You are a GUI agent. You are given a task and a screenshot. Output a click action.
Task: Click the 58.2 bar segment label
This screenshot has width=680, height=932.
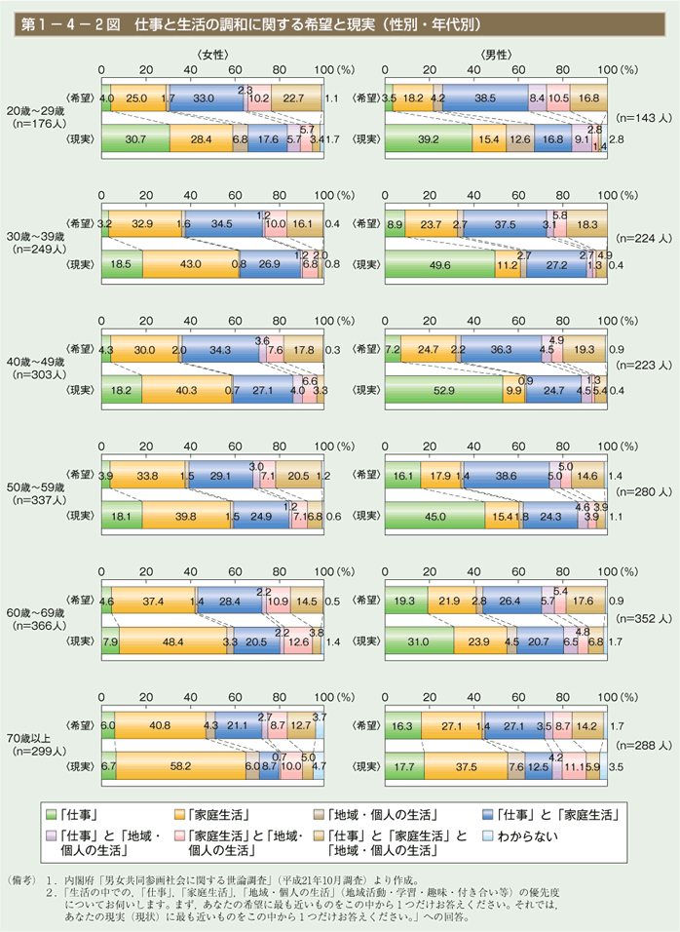178,767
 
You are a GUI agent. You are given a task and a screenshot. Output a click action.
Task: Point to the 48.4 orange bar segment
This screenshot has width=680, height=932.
171,642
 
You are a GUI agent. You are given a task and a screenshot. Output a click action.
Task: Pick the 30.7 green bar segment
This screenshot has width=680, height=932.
134,140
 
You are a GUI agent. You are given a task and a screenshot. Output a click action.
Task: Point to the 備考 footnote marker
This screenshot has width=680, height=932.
22,878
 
